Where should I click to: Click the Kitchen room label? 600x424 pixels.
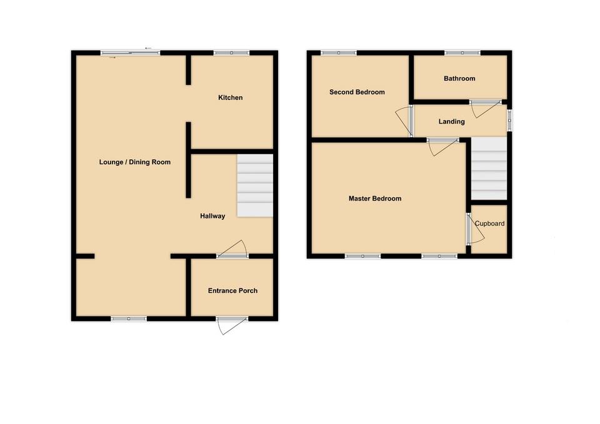[230, 98]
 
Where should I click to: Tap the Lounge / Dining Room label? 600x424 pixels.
[134, 162]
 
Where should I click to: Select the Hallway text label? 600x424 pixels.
[212, 216]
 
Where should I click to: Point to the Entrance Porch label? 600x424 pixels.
[232, 291]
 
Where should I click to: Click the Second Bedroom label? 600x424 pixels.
[357, 92]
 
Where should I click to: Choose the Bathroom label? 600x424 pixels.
[459, 79]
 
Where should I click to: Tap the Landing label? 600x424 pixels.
[451, 122]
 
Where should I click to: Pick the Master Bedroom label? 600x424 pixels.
[374, 199]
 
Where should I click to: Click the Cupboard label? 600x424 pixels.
[489, 224]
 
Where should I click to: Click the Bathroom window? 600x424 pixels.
[462, 52]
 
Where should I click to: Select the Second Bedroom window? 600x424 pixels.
[339, 52]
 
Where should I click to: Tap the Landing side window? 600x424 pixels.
[509, 121]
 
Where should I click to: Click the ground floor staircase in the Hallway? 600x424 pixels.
[255, 186]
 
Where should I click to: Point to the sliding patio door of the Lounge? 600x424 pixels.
[131, 53]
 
